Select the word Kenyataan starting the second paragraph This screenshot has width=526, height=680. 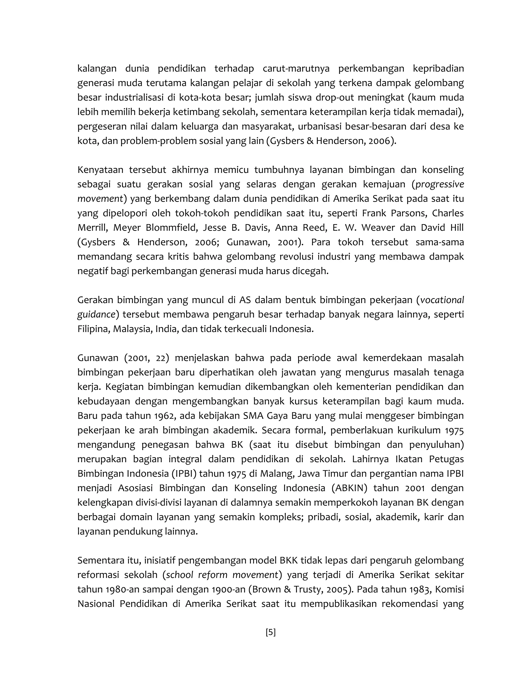(99, 170)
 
